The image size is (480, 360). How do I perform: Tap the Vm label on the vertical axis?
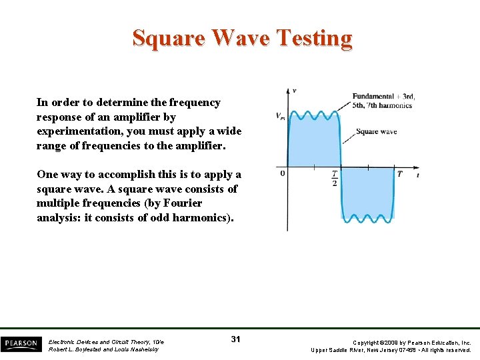(x=280, y=116)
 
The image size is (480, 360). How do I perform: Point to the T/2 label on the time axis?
(x=334, y=178)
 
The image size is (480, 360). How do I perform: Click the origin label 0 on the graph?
(x=282, y=173)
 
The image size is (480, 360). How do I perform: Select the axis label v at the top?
(x=295, y=91)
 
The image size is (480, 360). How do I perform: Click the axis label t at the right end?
(x=417, y=175)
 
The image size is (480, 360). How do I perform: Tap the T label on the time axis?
(x=399, y=174)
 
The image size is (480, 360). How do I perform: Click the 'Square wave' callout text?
(x=376, y=131)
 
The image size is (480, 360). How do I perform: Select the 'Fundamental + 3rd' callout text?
(x=383, y=97)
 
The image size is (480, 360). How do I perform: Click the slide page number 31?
(x=235, y=340)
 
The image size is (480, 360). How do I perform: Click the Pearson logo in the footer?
(x=21, y=343)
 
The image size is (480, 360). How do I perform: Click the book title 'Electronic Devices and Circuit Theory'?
(x=105, y=341)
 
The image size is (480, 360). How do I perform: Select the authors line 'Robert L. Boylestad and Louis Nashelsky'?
(x=103, y=349)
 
